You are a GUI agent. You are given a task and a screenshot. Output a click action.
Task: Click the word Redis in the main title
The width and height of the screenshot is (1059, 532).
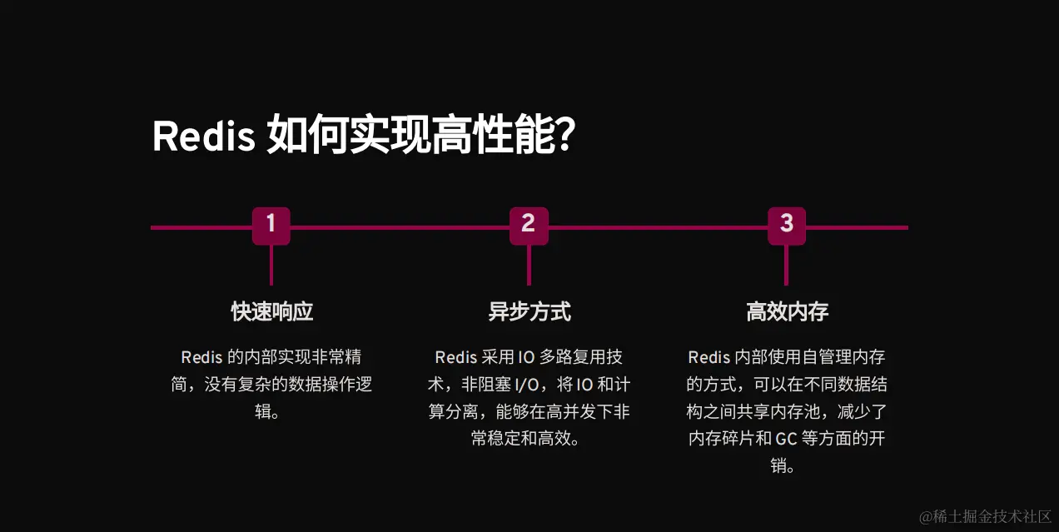click(203, 137)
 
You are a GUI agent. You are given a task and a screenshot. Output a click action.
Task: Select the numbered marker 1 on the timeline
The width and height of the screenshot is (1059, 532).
click(271, 226)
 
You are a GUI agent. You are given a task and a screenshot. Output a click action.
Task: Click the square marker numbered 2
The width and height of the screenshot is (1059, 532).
click(529, 226)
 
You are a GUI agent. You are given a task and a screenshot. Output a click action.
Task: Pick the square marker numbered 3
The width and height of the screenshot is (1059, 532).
click(787, 226)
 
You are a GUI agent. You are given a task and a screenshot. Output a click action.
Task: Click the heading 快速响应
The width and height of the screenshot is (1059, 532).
click(271, 312)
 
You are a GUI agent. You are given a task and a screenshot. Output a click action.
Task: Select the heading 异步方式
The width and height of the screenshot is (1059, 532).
click(529, 312)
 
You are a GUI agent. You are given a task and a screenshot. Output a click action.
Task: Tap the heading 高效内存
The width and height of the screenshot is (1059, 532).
click(787, 312)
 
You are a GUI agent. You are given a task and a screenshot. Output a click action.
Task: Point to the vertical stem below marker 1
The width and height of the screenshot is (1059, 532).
click(271, 266)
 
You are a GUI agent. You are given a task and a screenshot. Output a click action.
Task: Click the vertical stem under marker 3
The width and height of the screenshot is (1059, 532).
click(787, 266)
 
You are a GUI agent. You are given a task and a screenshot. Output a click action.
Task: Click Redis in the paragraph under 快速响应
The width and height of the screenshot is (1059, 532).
click(201, 358)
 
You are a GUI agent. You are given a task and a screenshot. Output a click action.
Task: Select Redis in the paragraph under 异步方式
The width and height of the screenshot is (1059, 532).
click(455, 358)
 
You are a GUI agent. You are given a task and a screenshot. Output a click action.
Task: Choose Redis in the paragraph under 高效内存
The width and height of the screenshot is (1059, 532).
click(708, 358)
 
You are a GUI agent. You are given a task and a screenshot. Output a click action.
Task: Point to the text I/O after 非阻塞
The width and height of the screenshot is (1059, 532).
click(527, 385)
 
